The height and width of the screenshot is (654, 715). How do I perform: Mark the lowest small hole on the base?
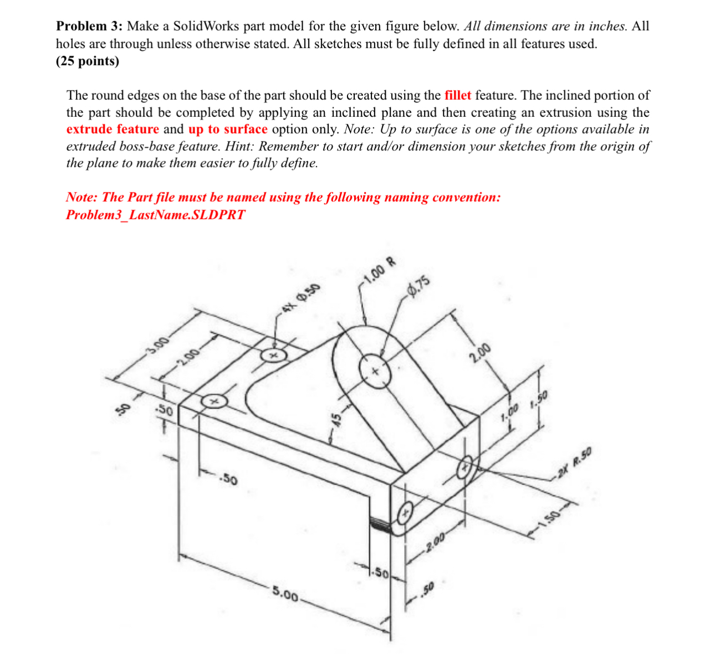pos(405,513)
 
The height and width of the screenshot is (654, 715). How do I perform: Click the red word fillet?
pos(458,95)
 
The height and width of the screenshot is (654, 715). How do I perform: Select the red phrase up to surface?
pos(228,130)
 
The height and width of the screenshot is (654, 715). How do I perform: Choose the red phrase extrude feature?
pos(113,130)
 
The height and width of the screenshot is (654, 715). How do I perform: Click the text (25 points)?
pos(88,61)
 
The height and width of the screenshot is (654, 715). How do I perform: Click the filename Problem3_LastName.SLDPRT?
pos(155,215)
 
